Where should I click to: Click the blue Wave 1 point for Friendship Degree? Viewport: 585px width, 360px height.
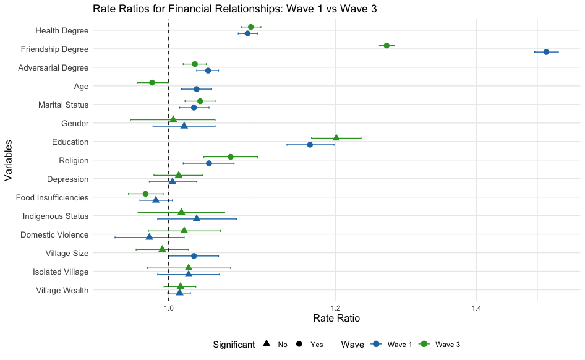point(546,52)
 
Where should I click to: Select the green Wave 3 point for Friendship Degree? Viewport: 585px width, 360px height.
point(386,46)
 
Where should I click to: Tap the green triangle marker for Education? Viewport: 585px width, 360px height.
point(336,137)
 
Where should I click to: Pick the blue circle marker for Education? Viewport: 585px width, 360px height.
point(310,145)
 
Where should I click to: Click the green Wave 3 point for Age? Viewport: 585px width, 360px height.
point(152,82)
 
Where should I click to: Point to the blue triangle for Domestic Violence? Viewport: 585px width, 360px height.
point(149,237)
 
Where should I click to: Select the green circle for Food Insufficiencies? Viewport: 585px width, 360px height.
point(145,194)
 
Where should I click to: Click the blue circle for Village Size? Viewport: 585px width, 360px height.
point(194,256)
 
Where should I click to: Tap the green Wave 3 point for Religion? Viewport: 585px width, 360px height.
point(231,156)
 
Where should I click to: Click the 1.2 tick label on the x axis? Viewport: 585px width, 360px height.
point(335,307)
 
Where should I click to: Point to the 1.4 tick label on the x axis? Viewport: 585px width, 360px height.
point(476,307)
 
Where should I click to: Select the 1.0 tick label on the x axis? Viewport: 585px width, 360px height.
point(169,307)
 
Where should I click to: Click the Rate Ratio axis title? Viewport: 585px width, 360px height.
point(337,319)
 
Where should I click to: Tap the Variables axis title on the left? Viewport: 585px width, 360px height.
point(8,160)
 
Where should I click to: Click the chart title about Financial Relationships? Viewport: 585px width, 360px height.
point(234,9)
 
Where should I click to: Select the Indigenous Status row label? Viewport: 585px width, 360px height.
point(56,216)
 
